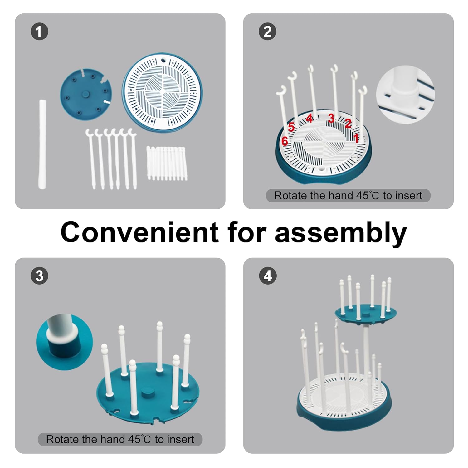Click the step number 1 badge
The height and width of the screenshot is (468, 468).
point(39,32)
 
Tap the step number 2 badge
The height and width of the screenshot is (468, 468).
point(267,32)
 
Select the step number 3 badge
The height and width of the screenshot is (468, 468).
point(39,276)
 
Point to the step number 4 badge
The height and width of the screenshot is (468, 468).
point(268,276)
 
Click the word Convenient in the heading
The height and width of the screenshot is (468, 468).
point(139,232)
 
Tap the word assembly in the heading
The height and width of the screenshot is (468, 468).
point(341,233)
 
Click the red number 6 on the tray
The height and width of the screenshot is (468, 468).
point(285,141)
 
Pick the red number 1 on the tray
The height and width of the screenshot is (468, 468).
point(356,138)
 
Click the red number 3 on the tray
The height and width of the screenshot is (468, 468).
point(331,119)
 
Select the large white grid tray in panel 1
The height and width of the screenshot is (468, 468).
point(162,90)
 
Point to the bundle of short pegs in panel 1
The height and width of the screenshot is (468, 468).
point(167,163)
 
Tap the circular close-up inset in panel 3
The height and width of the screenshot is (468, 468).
point(65,342)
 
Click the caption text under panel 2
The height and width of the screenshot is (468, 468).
point(348,196)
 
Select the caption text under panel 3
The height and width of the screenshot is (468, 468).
point(120,439)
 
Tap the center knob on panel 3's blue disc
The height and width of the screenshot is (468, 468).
point(148,392)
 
